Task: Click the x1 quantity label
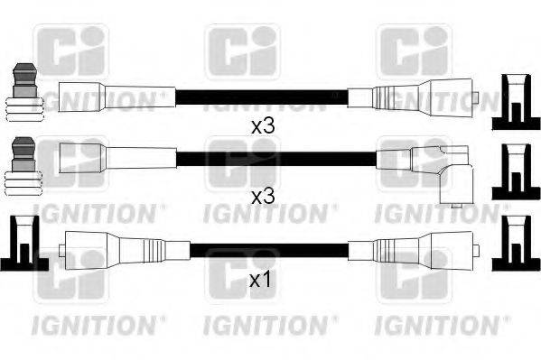261,281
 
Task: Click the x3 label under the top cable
262,126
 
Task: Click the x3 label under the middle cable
262,196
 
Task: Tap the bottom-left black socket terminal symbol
23,245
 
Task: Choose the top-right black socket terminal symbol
514,103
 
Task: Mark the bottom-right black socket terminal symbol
514,245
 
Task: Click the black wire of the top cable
262,94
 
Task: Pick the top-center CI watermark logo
238,50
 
